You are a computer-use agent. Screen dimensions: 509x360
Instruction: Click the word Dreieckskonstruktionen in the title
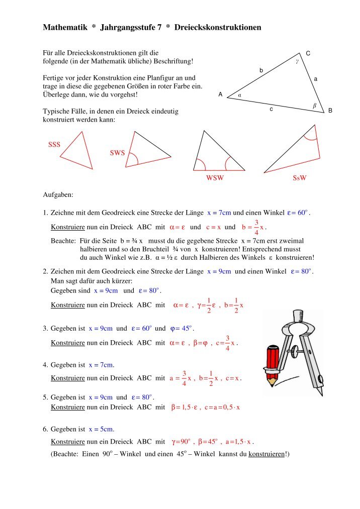click(218, 27)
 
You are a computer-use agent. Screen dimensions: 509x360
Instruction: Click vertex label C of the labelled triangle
click(308, 53)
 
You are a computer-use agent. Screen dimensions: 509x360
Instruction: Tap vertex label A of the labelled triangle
click(220, 94)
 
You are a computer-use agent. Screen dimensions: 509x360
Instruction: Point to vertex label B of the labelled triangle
click(330, 111)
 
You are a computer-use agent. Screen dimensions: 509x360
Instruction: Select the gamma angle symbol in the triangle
click(297, 62)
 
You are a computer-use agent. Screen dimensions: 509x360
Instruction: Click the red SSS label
click(54, 145)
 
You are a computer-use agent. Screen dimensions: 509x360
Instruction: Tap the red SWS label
click(117, 153)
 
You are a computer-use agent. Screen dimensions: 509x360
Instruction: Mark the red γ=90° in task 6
click(182, 442)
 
